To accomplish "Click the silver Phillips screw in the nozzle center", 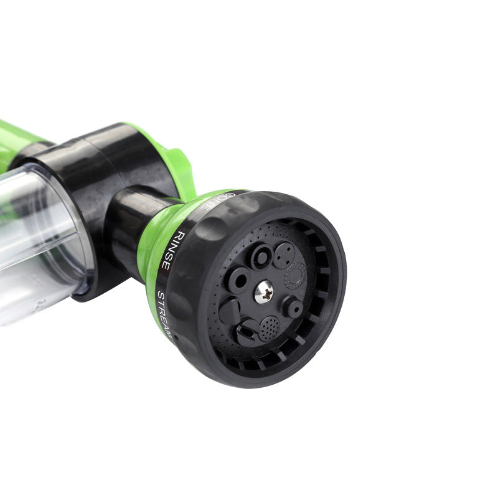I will coord(264,291).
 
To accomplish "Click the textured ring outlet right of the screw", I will coord(296,275).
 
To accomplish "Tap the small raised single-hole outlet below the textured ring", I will coord(291,307).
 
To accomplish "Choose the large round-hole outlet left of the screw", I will coord(238,281).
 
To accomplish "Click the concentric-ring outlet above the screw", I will coord(260,256).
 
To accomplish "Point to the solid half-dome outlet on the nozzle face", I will coord(229,309).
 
